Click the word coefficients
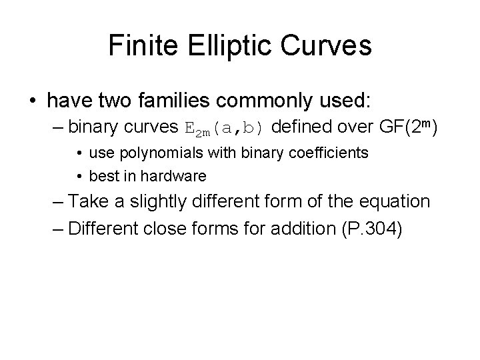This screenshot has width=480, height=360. click(x=330, y=153)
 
